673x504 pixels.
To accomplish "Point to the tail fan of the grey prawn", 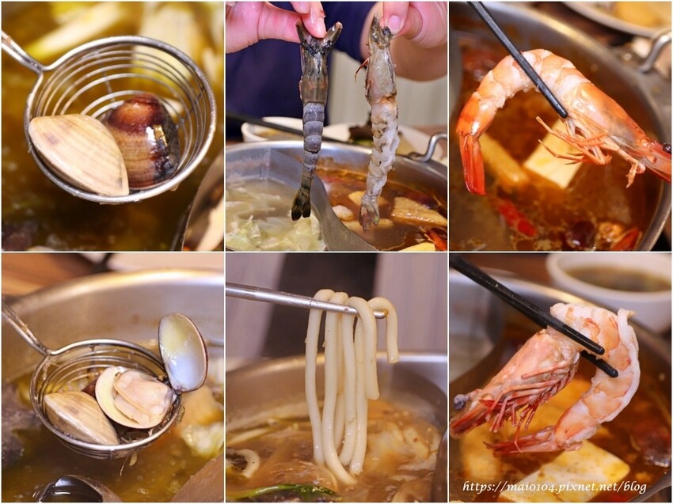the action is [302, 204].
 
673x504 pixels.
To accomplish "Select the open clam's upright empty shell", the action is [182, 352].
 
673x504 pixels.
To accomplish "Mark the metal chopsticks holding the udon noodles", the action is [305, 300].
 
